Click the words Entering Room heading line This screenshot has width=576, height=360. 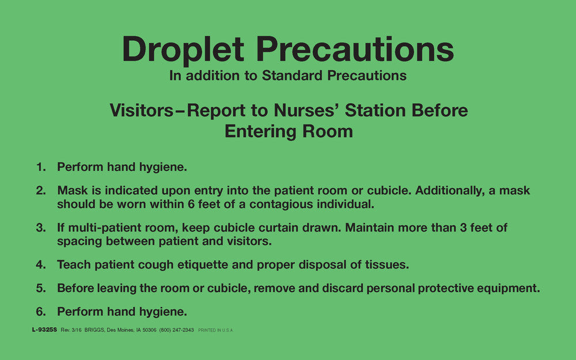pos(288,131)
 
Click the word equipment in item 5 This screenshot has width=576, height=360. pos(509,289)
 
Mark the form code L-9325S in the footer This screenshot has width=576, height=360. pos(45,330)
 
